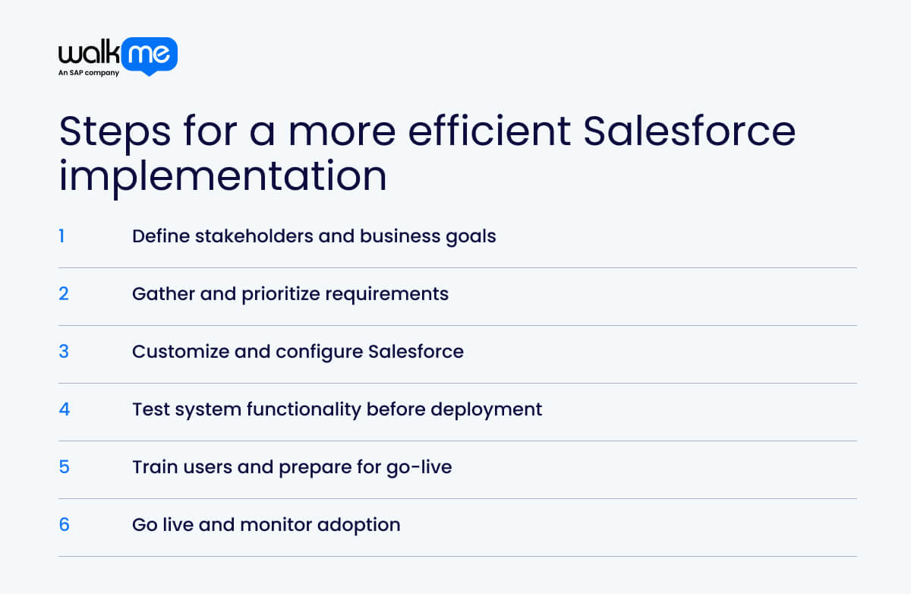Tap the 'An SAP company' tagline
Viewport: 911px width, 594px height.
(x=89, y=74)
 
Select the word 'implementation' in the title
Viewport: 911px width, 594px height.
(x=222, y=175)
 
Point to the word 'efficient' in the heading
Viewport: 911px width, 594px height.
(x=490, y=131)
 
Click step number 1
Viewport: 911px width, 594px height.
(x=61, y=236)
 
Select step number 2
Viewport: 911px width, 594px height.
(x=64, y=294)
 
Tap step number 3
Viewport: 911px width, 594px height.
(x=64, y=352)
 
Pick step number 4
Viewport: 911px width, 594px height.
(x=64, y=409)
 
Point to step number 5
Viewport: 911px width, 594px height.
(x=64, y=467)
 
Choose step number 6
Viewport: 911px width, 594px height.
(x=64, y=525)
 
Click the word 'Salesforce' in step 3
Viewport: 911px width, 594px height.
(x=416, y=352)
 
